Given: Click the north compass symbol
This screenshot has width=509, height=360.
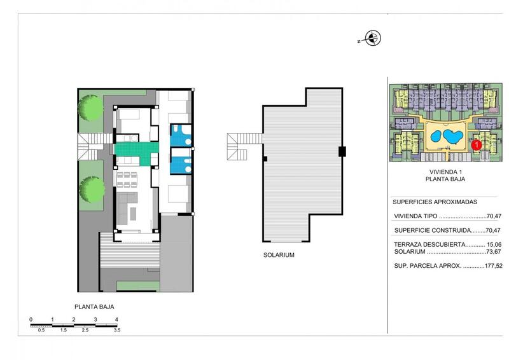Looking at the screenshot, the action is tap(372, 38).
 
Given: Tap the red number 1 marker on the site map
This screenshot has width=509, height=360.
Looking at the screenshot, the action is tap(476, 145).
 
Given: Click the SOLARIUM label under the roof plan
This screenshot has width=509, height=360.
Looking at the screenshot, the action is tap(279, 255).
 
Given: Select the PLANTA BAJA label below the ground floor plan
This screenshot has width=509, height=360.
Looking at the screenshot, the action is tap(94, 307).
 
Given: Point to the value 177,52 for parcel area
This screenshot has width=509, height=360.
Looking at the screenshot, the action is tap(494, 265).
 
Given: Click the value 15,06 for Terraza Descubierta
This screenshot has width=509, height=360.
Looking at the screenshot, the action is tap(494, 245).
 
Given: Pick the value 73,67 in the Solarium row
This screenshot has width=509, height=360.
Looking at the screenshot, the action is tap(494, 252).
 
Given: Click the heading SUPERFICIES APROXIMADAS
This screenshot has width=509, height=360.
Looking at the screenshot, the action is tap(435, 202).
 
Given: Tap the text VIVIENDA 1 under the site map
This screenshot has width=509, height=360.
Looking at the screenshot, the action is tap(445, 172).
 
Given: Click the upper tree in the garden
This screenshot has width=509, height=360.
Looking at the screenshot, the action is tap(90, 108).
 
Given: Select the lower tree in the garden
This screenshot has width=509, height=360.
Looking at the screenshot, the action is tap(92, 190).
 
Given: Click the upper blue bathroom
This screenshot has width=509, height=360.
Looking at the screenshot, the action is tap(181, 135).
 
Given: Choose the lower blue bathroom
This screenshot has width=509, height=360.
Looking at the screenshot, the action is tap(181, 162).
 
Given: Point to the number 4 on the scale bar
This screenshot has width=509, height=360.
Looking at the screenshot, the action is tap(116, 319).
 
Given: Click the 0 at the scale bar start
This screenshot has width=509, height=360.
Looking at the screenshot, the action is tap(31, 319).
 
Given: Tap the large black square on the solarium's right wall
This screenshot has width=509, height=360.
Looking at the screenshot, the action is tap(342, 151).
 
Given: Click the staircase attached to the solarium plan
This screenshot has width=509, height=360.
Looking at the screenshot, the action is tap(244, 147).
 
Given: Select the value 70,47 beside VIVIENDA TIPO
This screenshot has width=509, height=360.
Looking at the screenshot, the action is tap(494, 216).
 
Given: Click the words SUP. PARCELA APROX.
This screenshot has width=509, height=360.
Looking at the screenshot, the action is tap(428, 265).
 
